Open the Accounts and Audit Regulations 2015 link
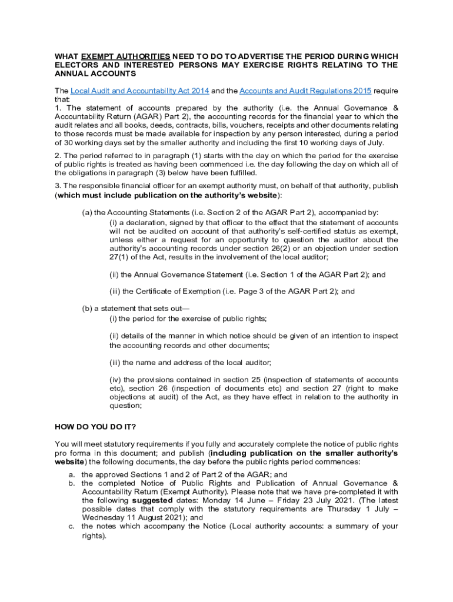305,91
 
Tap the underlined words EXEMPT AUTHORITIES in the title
126,56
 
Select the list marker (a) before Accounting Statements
87,212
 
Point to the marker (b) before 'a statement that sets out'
87,308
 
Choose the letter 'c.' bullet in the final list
71,526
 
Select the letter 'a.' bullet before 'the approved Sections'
71,474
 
